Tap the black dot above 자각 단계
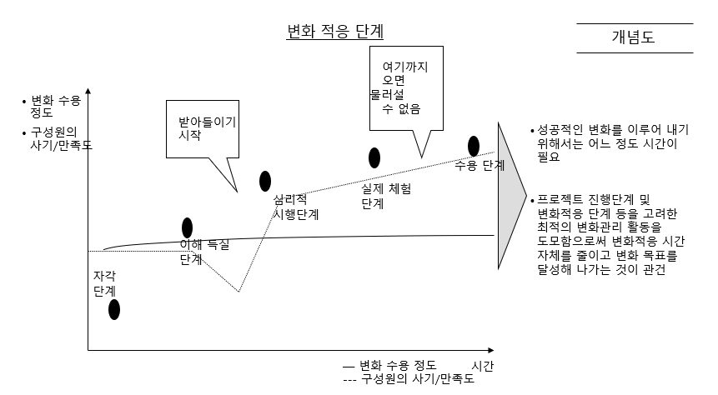pos(114,309)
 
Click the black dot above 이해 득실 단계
pos(187,227)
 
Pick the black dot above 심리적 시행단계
pos(265,181)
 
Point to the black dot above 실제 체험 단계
pos(374,157)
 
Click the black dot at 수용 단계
pos(474,147)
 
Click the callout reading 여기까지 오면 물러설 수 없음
pos(404,87)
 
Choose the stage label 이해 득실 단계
pos(203,252)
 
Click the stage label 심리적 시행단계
pos(297,207)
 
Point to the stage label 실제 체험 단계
pos(385,196)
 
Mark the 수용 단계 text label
pos(480,166)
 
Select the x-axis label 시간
pos(483,366)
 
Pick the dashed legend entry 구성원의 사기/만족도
pos(409,379)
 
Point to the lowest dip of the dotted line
pos(238,292)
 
